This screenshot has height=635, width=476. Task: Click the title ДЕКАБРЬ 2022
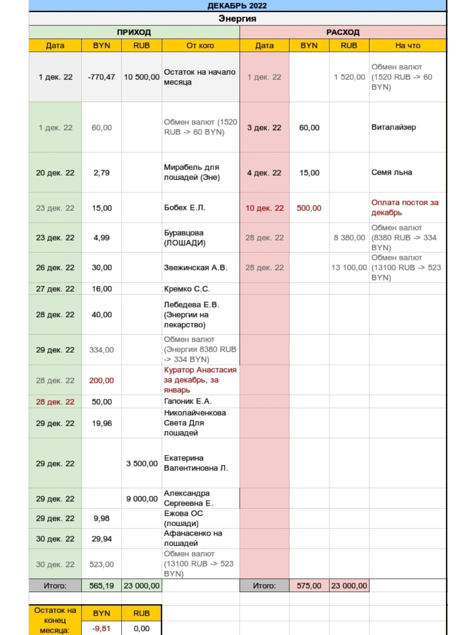tap(237, 6)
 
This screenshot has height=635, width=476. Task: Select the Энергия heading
tap(237, 19)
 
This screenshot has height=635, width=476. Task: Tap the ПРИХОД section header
tap(134, 32)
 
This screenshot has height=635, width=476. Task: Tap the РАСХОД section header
tap(343, 32)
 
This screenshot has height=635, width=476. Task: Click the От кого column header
tap(200, 45)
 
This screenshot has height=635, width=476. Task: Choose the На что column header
tap(408, 45)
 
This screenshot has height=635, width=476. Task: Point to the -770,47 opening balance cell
tap(102, 77)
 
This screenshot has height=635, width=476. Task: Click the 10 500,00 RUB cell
tap(142, 77)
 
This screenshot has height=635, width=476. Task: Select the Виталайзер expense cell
tap(393, 127)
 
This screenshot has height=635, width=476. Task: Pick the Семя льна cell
tap(392, 173)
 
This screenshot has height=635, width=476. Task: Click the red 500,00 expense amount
tap(309, 208)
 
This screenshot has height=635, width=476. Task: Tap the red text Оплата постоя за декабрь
tap(405, 208)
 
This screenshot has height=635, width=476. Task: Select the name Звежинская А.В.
tap(196, 268)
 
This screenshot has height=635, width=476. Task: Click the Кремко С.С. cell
tap(187, 289)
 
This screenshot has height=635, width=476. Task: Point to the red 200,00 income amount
tap(102, 381)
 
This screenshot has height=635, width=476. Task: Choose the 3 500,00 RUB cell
tap(142, 464)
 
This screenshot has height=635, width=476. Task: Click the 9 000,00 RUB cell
tap(142, 499)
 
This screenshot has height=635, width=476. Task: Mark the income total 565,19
tap(102, 586)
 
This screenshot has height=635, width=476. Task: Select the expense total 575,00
tap(309, 586)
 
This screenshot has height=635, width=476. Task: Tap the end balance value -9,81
tap(102, 629)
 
